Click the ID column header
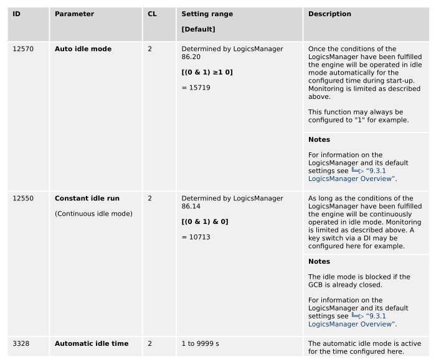click(x=17, y=14)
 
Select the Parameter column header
click(x=74, y=14)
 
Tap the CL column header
click(x=152, y=14)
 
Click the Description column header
click(x=329, y=14)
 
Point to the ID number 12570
click(x=23, y=49)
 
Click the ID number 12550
click(x=23, y=198)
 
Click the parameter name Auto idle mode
click(x=83, y=49)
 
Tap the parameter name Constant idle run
click(x=87, y=198)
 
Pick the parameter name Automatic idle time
click(x=92, y=343)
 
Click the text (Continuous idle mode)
click(x=93, y=214)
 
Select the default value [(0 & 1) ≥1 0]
click(x=207, y=72)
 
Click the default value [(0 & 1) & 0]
click(x=205, y=222)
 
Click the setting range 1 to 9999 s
click(x=206, y=343)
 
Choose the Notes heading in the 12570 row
click(x=319, y=139)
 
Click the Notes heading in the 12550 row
click(x=319, y=261)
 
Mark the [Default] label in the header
click(x=198, y=29)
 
